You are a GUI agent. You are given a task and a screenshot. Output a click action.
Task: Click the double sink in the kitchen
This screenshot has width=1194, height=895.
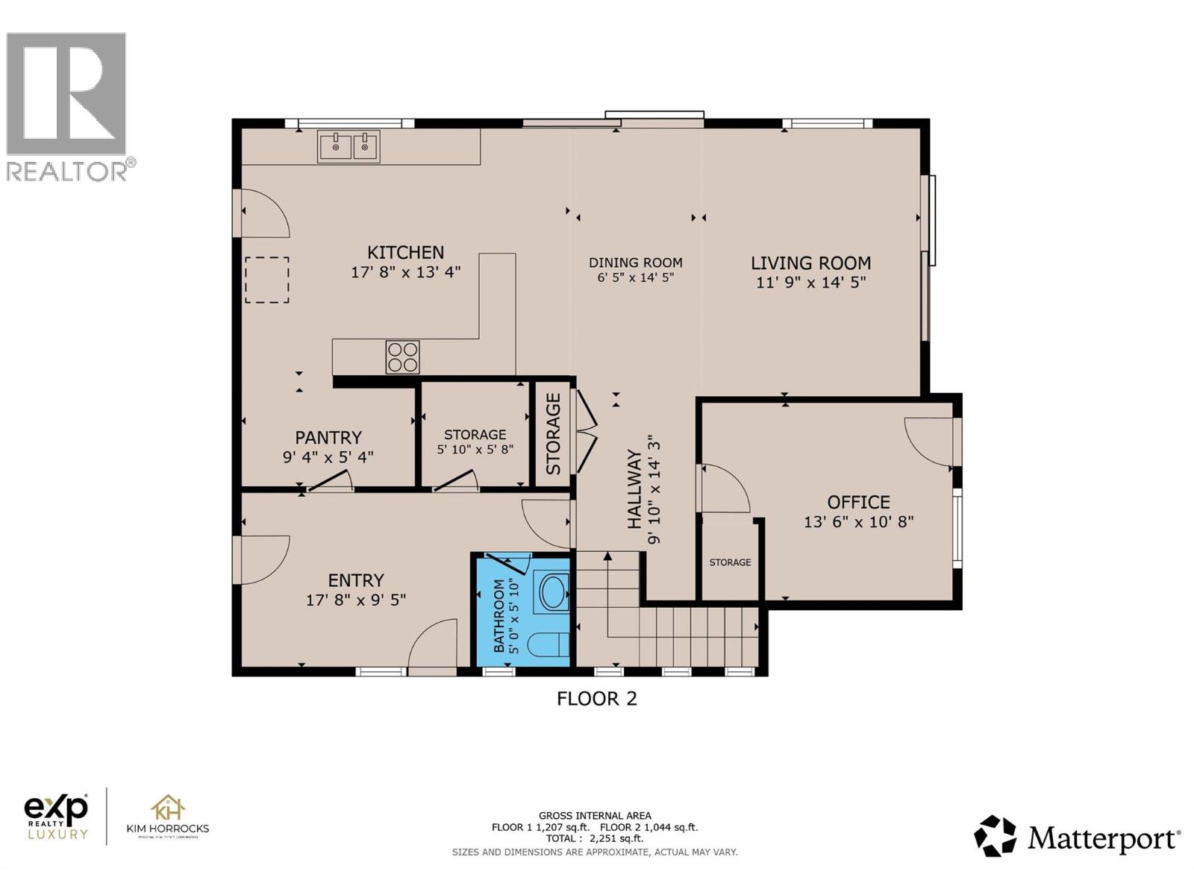[348, 146]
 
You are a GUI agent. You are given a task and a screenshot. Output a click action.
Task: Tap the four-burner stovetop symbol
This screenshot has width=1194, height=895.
[402, 357]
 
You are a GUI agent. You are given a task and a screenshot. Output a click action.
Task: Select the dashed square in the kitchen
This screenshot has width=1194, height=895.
[266, 280]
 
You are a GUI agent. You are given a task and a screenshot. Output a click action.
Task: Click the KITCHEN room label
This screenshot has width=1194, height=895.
[405, 253]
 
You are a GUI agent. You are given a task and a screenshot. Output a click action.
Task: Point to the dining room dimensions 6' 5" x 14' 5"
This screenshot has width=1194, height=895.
[635, 278]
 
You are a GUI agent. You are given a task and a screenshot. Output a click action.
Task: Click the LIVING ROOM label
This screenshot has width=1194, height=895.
[810, 263]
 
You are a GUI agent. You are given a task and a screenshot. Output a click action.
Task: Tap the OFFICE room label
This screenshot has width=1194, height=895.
[858, 502]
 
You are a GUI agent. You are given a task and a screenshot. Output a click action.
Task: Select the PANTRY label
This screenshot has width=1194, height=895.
[328, 438]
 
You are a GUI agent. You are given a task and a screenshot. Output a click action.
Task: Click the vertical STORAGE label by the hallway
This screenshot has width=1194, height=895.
[553, 433]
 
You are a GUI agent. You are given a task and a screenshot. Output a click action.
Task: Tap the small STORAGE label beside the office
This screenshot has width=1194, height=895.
[730, 562]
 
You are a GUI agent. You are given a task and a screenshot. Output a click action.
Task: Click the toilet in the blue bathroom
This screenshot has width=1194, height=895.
[551, 644]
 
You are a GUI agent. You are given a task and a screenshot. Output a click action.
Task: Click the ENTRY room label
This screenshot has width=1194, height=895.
[356, 580]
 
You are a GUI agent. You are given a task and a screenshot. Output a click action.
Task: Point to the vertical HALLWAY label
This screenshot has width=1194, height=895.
[634, 489]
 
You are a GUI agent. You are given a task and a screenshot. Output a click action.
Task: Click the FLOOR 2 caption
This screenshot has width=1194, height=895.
[597, 699]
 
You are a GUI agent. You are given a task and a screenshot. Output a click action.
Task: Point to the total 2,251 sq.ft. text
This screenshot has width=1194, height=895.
[595, 838]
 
